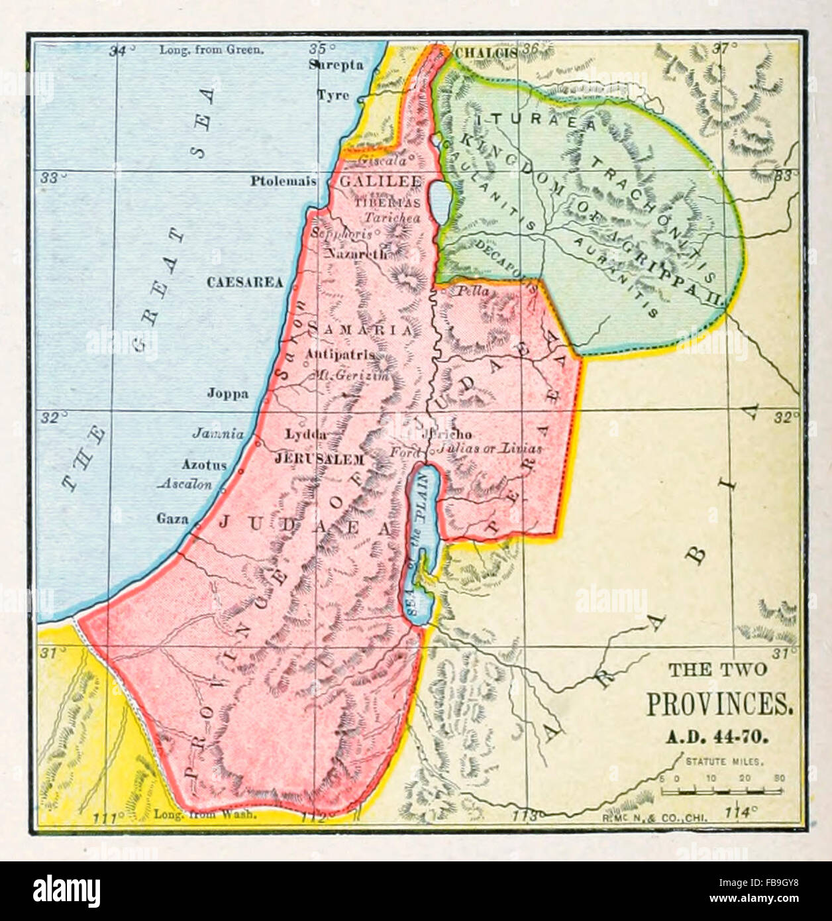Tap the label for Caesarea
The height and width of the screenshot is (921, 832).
click(244, 282)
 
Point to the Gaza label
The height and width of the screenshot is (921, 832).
click(172, 519)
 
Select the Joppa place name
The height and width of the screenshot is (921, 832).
click(228, 394)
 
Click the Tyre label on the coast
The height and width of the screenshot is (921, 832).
click(333, 95)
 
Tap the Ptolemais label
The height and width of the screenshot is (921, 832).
click(283, 181)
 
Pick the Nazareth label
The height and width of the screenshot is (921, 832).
click(356, 253)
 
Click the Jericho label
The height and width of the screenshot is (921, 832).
click(449, 435)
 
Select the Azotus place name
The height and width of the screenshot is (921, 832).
click(204, 465)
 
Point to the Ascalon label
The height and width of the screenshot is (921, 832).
click(187, 484)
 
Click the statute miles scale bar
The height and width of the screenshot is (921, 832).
click(723, 790)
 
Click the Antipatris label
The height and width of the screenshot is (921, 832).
click(340, 354)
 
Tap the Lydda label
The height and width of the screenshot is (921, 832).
click(305, 435)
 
